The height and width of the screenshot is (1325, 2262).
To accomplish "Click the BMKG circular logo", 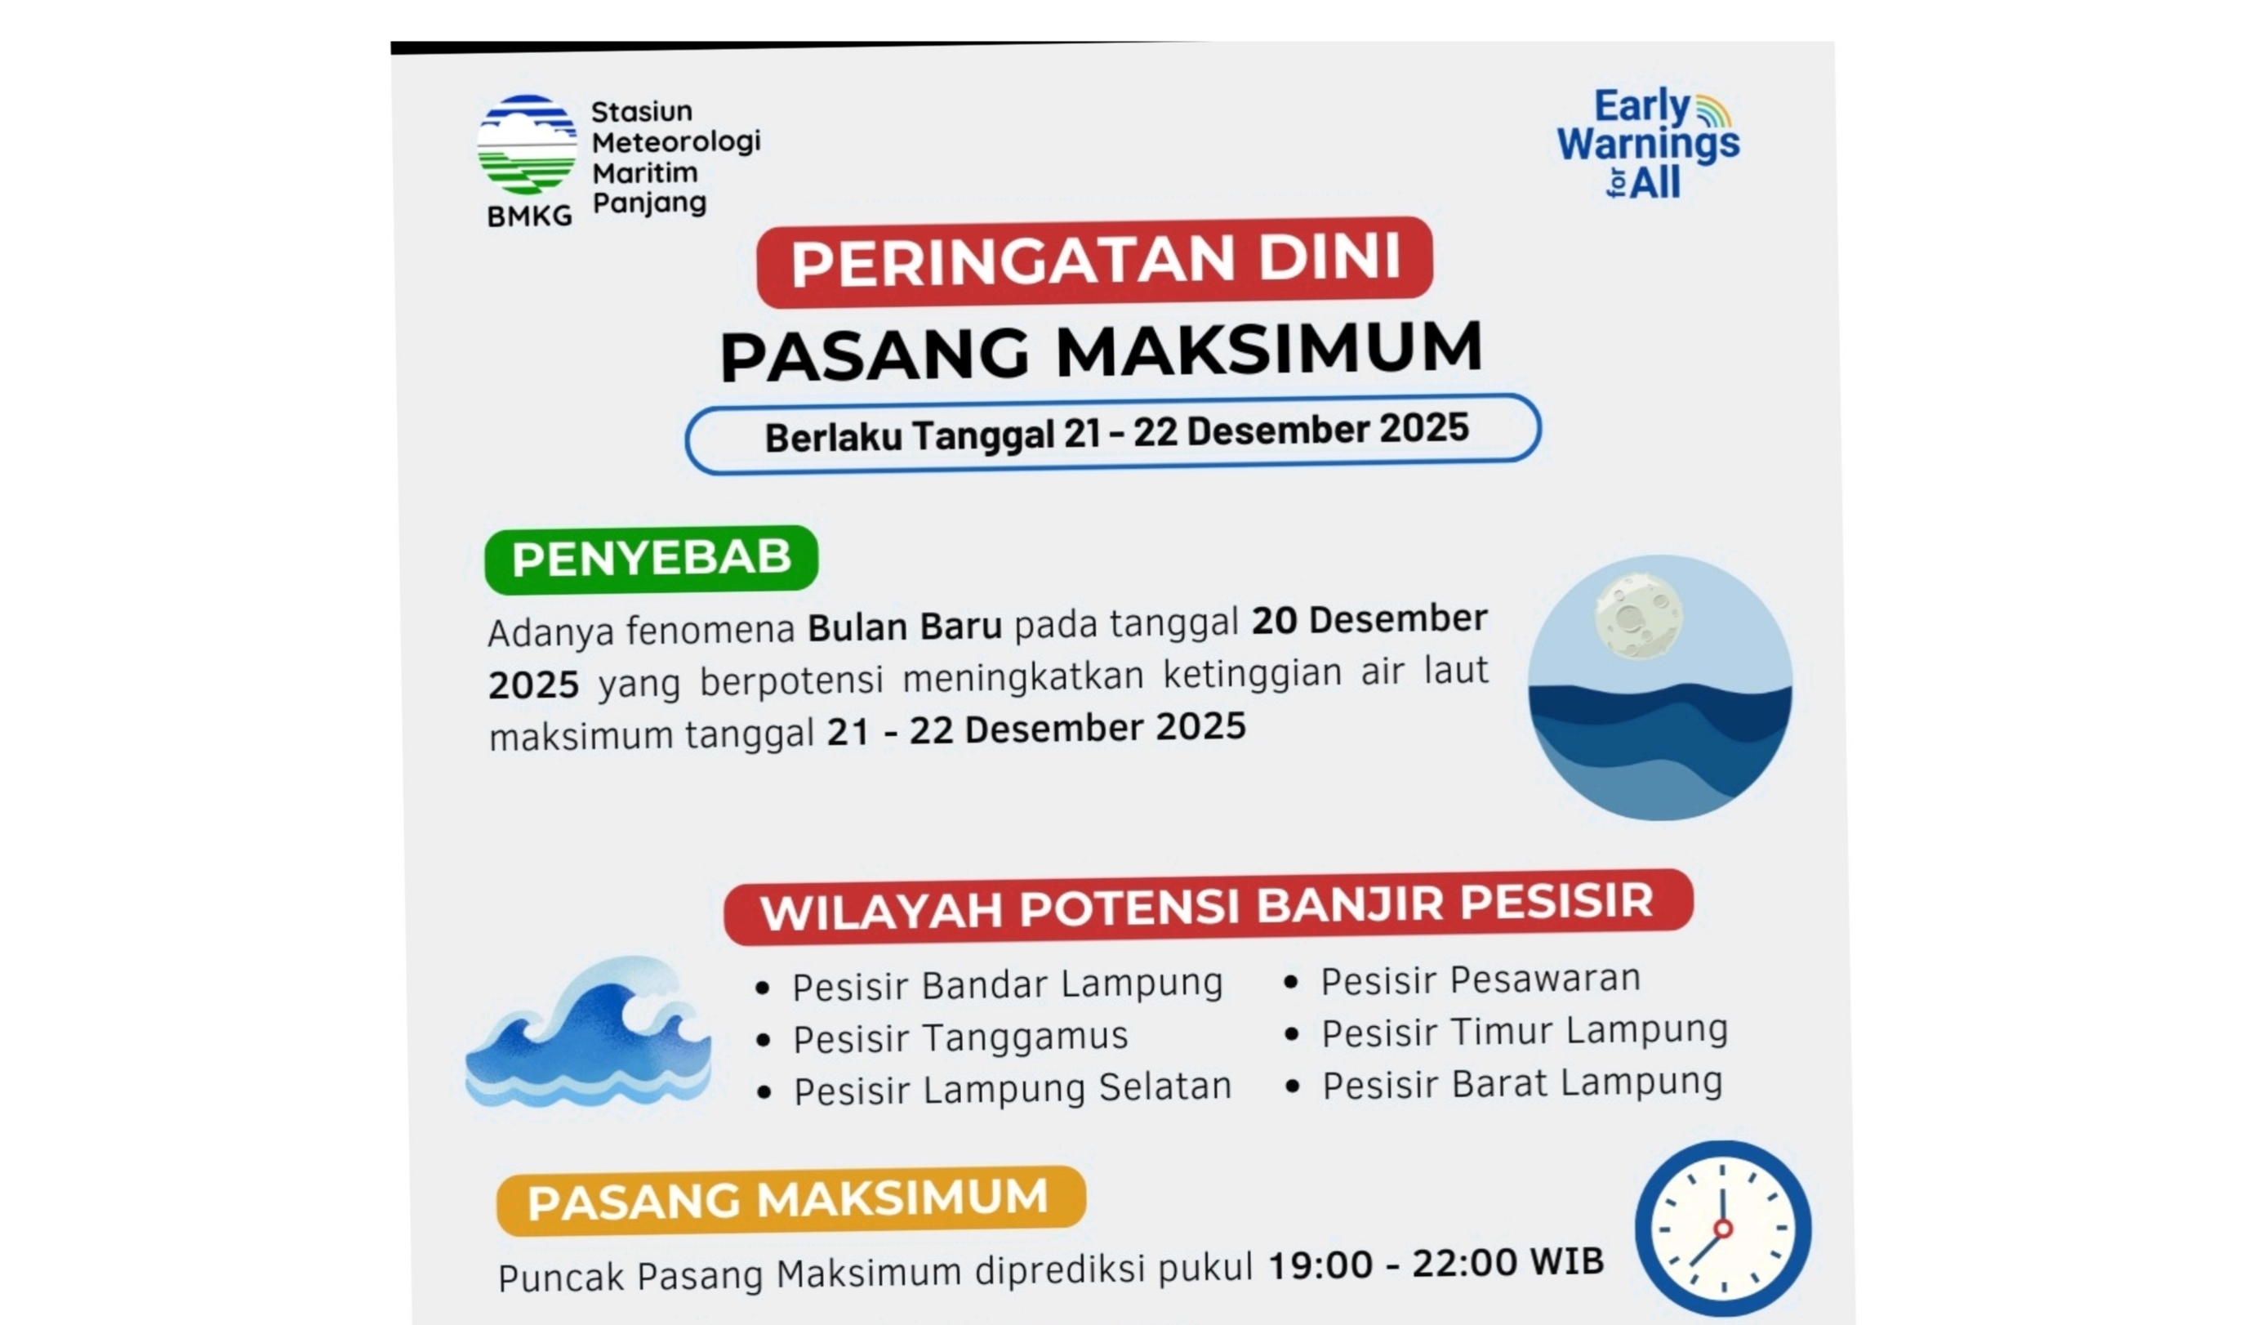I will coord(527,145).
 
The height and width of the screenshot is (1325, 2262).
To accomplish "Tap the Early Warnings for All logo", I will coord(1648,144).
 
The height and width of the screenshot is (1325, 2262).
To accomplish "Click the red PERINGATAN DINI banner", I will coord(1094,261).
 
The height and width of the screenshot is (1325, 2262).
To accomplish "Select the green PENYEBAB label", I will coord(651,559).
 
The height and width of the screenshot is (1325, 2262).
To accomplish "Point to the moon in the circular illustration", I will coord(1638,618).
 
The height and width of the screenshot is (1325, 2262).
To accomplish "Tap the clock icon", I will coord(1721,1228).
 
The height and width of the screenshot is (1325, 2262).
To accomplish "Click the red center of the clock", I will coord(1722,1228).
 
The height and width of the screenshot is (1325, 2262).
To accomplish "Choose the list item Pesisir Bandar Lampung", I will coord(1006,985).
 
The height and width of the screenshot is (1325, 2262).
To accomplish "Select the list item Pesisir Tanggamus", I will coord(960,1037).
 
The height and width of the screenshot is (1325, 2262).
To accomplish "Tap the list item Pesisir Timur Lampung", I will coord(1524,1031).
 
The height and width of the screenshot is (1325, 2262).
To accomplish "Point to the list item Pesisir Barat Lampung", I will coord(1521,1083).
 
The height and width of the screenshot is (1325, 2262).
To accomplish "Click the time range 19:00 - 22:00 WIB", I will coord(1436,1263).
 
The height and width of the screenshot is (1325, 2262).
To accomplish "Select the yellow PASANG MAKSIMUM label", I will coord(790,1200).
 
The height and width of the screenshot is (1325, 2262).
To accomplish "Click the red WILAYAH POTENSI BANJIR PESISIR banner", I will coord(1207,907).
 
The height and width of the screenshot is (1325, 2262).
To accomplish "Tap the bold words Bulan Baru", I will coord(904,627).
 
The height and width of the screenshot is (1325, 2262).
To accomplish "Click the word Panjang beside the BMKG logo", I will coord(649,203).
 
